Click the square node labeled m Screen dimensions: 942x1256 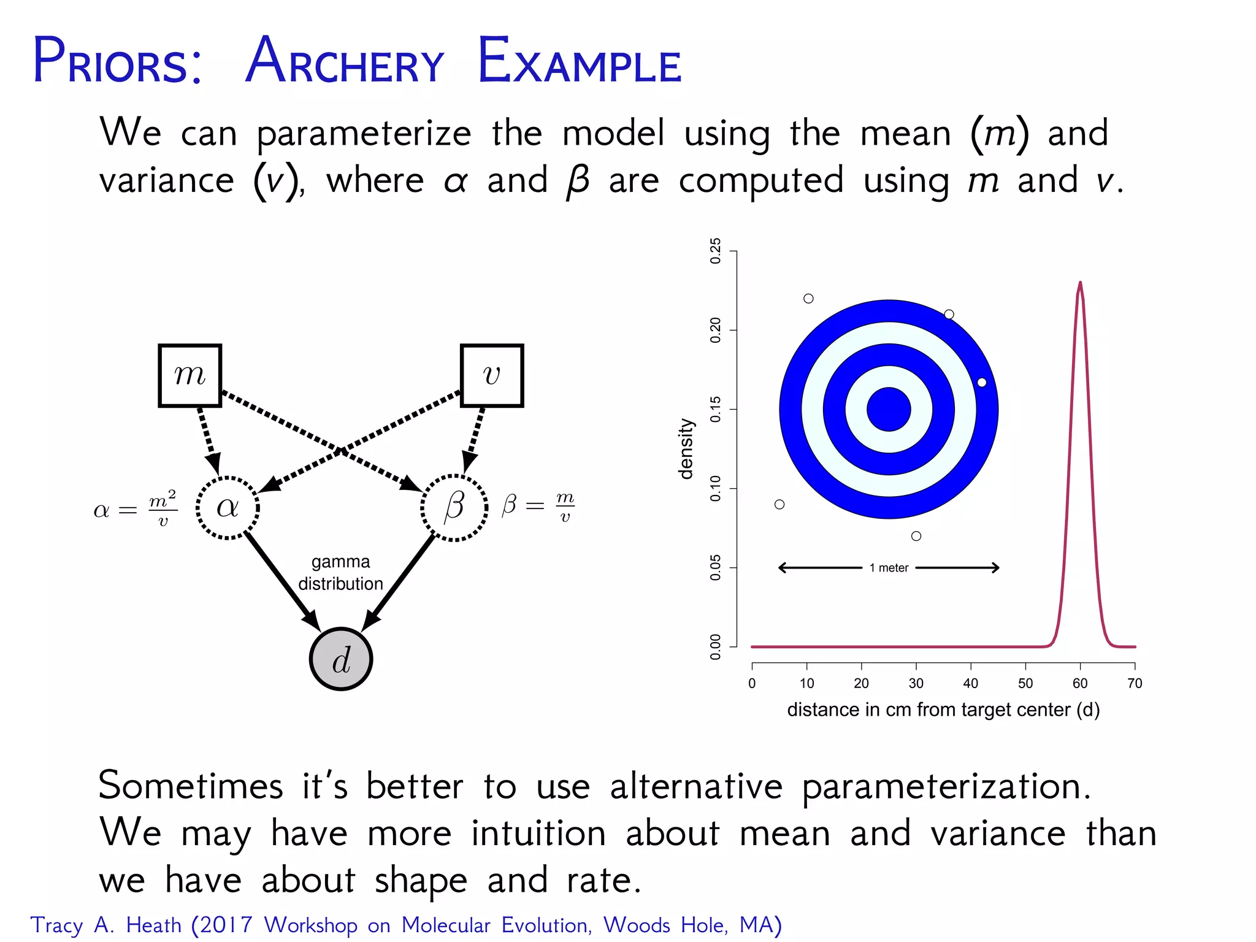tap(190, 375)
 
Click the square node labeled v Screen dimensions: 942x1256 tap(491, 375)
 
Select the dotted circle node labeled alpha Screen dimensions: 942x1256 tap(228, 508)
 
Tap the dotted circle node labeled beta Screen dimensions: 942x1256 tap(454, 508)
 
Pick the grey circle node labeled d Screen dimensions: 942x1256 tap(341, 659)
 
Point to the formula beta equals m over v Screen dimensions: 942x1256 tap(538, 507)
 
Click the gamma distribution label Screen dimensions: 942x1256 tap(340, 573)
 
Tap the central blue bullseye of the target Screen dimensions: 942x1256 tap(889, 410)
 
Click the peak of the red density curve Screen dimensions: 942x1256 tap(1080, 283)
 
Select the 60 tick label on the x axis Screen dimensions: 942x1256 tap(1080, 683)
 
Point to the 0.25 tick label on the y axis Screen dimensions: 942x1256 tap(716, 251)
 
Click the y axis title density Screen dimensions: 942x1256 tap(686, 449)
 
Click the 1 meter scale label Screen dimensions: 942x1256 tap(889, 568)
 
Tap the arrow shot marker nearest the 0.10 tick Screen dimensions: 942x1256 tap(779, 504)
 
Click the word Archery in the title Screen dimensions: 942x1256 tap(344, 62)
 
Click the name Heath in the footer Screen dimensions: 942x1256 tap(153, 925)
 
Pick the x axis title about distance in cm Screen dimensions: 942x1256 tap(943, 710)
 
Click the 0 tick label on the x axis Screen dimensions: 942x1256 tap(752, 683)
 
